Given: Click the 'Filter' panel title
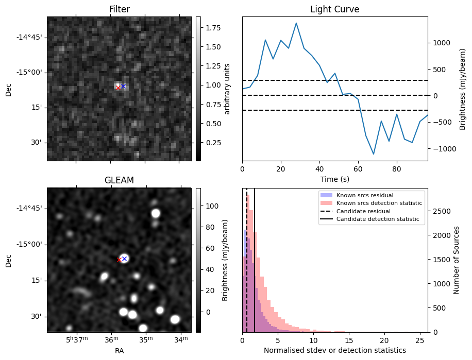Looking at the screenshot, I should (x=119, y=9).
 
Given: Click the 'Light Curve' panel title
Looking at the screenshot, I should (x=334, y=9).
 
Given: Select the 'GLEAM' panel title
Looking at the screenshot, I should (x=119, y=180).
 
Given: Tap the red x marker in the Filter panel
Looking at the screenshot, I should (x=119, y=88).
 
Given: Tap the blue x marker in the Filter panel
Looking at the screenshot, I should (x=124, y=86).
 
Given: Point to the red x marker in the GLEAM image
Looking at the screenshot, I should (x=119, y=260).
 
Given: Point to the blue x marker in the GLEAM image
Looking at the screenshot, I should (x=124, y=259).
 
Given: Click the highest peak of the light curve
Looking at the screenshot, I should (x=296, y=23).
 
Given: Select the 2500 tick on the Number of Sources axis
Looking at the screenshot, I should (x=439, y=211).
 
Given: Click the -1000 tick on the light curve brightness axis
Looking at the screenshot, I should (x=444, y=149).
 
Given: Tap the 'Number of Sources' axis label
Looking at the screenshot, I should (x=456, y=260).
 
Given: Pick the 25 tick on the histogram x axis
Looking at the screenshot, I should (x=420, y=340).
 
